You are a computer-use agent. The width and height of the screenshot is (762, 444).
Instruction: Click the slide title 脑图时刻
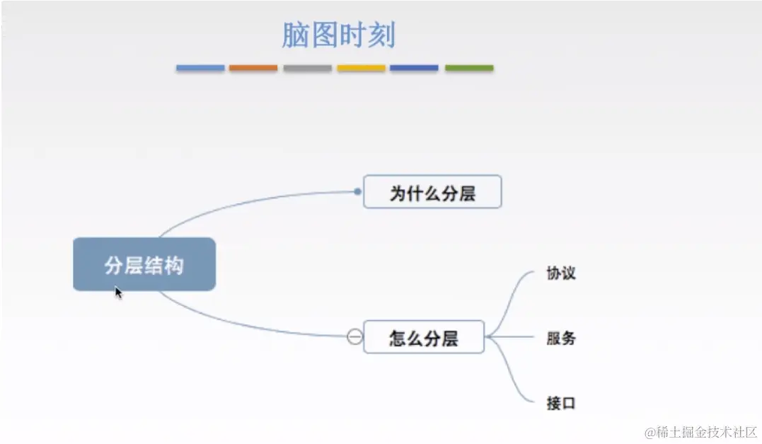pyautogui.click(x=338, y=35)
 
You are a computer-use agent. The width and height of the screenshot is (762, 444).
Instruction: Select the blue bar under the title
pyautogui.click(x=200, y=68)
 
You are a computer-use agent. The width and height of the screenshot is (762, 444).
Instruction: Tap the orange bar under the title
pyautogui.click(x=253, y=68)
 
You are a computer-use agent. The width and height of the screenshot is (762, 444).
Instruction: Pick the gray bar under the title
pyautogui.click(x=308, y=68)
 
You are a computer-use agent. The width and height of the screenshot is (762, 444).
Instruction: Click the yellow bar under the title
pyautogui.click(x=361, y=68)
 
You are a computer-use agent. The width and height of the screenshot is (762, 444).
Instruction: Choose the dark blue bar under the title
pyautogui.click(x=414, y=68)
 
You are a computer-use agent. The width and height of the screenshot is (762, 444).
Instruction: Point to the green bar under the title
pyautogui.click(x=469, y=68)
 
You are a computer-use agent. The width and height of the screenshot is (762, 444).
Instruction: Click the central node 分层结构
pyautogui.click(x=144, y=265)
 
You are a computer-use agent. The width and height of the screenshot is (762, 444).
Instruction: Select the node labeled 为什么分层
pyautogui.click(x=432, y=193)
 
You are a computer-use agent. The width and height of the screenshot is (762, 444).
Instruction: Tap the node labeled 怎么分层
pyautogui.click(x=424, y=338)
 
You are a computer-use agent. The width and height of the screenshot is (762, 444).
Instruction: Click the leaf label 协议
pyautogui.click(x=561, y=273)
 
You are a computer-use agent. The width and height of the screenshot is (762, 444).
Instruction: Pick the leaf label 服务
pyautogui.click(x=561, y=338)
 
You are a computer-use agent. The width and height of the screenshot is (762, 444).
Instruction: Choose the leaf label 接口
pyautogui.click(x=561, y=403)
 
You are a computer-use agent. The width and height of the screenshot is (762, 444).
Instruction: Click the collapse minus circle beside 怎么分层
pyautogui.click(x=355, y=337)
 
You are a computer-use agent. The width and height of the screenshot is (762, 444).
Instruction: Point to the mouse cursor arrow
pyautogui.click(x=118, y=292)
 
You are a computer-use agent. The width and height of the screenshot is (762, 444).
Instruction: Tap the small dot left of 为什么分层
pyautogui.click(x=357, y=191)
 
